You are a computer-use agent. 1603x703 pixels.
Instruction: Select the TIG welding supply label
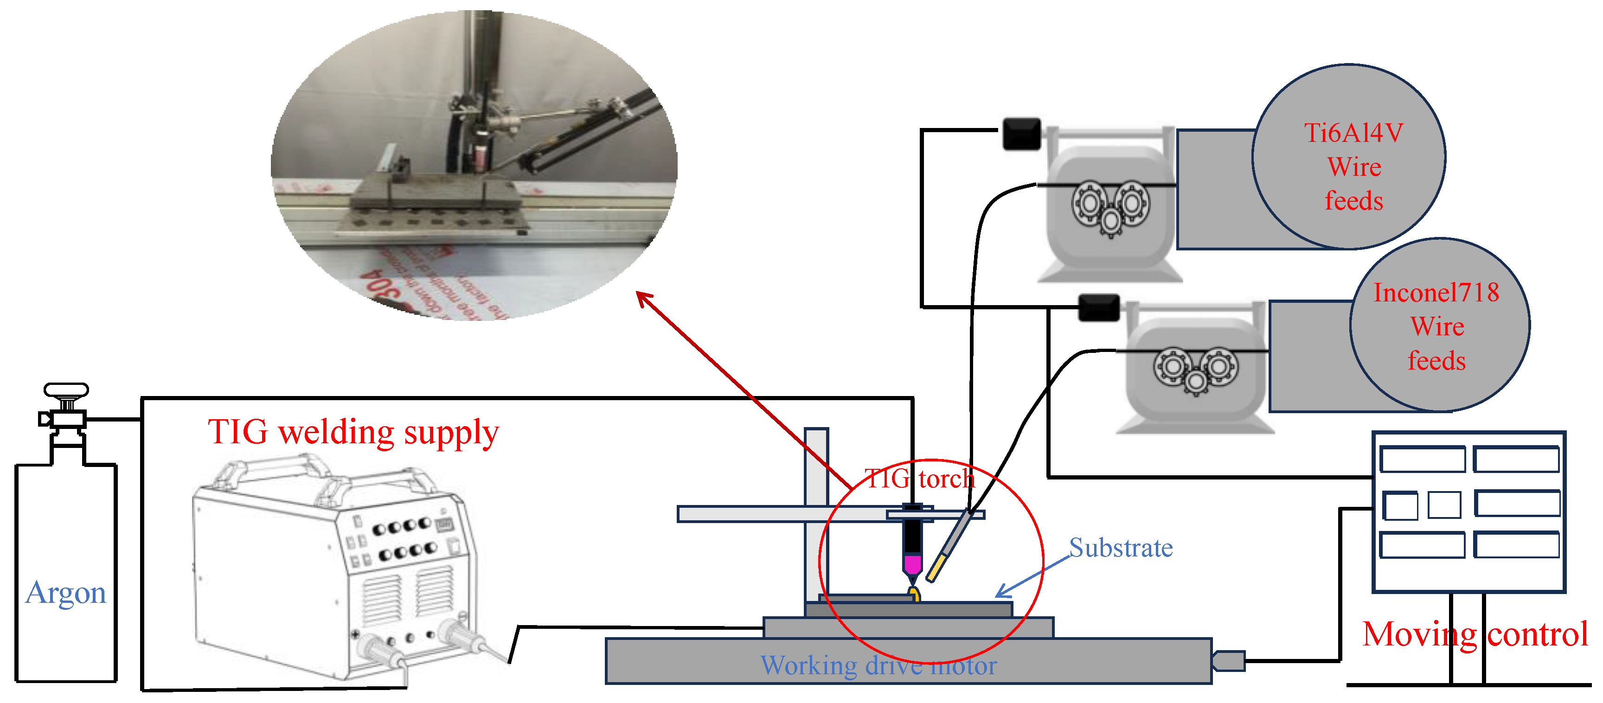(x=353, y=432)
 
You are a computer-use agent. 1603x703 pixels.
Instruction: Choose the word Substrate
(x=1120, y=548)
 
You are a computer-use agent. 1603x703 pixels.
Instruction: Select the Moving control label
(x=1475, y=634)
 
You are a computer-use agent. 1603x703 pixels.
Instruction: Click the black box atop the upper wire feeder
(x=1021, y=134)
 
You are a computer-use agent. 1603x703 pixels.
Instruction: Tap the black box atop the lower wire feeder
(x=1098, y=308)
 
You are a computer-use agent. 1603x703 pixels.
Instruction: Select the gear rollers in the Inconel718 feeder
(x=1195, y=369)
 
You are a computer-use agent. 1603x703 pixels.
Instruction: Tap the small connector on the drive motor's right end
(x=1228, y=661)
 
